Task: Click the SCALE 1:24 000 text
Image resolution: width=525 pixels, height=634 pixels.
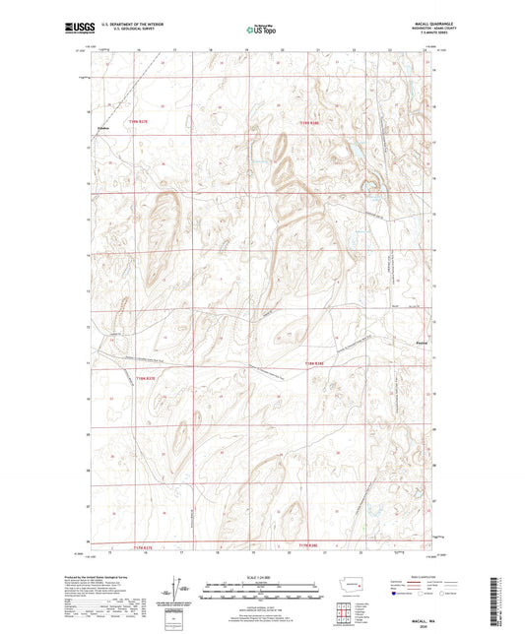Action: [x=262, y=576]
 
